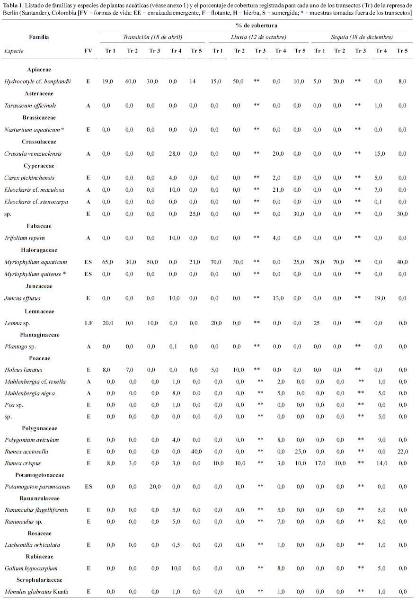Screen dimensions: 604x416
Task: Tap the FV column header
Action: click(x=88, y=51)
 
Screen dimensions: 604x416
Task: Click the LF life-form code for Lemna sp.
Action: click(x=88, y=323)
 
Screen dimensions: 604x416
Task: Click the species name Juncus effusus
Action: click(x=22, y=298)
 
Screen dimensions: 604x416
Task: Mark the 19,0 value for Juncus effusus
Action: click(x=381, y=298)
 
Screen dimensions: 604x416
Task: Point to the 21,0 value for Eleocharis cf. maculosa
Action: click(x=280, y=190)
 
